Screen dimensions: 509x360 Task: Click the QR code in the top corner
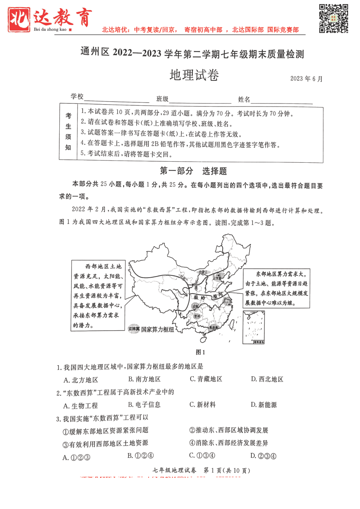pyautogui.click(x=333, y=19)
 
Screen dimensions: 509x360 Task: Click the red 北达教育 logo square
pyautogui.click(x=19, y=20)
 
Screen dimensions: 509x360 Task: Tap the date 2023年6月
pyautogui.click(x=306, y=79)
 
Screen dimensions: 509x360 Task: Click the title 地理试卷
pyautogui.click(x=194, y=75)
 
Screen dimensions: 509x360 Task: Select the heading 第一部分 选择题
pyautogui.click(x=193, y=171)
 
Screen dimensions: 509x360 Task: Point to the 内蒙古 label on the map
pyautogui.click(x=203, y=272)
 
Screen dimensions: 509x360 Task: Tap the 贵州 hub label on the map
pyautogui.click(x=197, y=316)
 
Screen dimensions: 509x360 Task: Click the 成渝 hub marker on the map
pyautogui.click(x=195, y=307)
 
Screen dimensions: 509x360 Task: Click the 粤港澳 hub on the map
pyautogui.click(x=214, y=328)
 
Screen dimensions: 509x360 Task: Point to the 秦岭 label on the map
pyautogui.click(x=199, y=298)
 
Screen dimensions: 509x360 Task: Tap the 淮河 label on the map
pyautogui.click(x=218, y=295)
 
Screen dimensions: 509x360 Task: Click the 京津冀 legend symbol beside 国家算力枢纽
pyautogui.click(x=134, y=329)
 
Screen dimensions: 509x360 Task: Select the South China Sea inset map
pyautogui.click(x=254, y=327)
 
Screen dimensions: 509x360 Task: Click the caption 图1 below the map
pyautogui.click(x=200, y=352)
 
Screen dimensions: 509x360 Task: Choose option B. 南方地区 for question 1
pyautogui.click(x=144, y=379)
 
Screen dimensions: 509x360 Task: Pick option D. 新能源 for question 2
pyautogui.click(x=264, y=405)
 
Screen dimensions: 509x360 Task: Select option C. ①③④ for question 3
pyautogui.click(x=202, y=456)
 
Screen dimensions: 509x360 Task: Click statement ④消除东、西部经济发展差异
pyautogui.click(x=228, y=443)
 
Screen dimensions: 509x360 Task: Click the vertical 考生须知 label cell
pyautogui.click(x=68, y=132)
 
